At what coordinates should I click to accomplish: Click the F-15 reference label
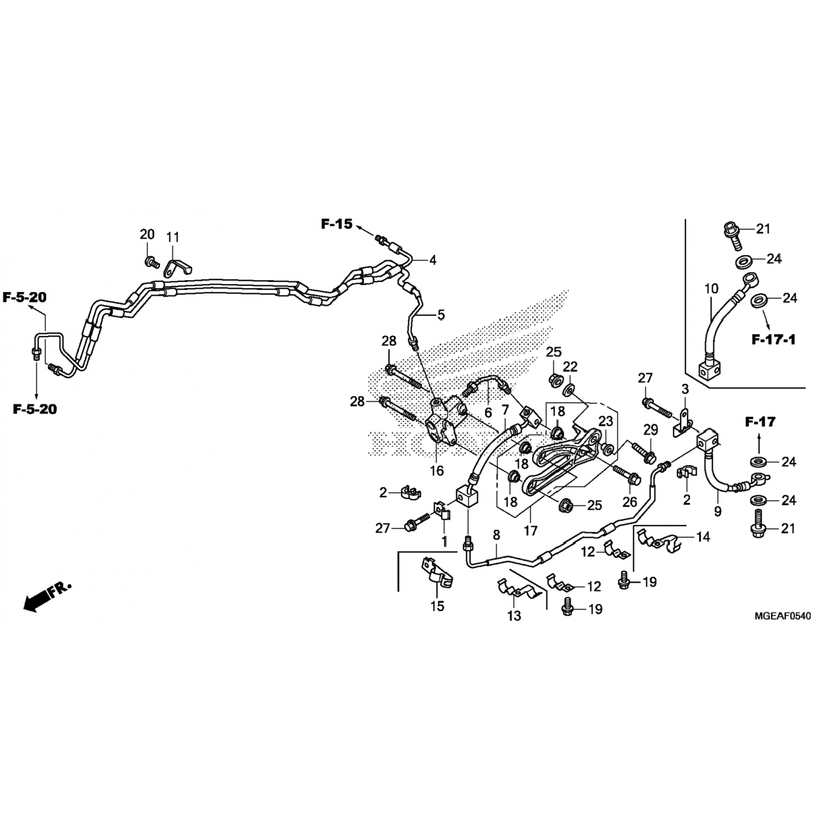pos(337,224)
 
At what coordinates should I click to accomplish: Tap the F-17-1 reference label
pos(773,339)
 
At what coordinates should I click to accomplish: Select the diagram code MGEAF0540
pos(782,616)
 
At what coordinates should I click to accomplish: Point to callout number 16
pos(436,471)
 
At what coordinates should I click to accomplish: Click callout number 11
pos(173,237)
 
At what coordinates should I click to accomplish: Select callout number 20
pos(147,235)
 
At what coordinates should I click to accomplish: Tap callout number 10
pos(711,289)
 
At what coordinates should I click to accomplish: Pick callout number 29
pos(650,429)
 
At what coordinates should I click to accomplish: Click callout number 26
pos(630,502)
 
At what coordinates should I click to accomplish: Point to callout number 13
pos(514,615)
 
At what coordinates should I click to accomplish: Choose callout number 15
pos(438,605)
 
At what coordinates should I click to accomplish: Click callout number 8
pos(496,535)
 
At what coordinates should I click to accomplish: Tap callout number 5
pos(441,315)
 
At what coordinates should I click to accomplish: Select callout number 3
pos(685,388)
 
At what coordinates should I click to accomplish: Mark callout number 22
pos(570,367)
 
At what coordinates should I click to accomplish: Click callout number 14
pos(703,537)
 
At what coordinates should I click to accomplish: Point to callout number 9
pos(717,511)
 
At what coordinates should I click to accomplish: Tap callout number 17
pos(530,531)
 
